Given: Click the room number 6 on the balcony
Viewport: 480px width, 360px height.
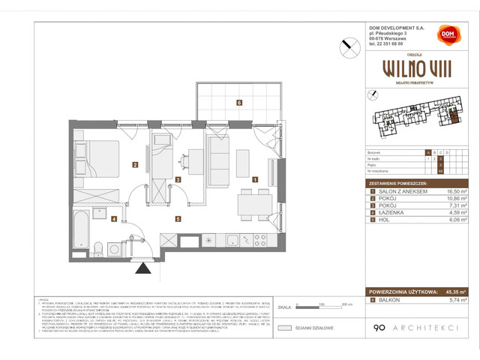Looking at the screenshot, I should point(238,103).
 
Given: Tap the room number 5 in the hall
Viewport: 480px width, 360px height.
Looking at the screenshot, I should point(178,219).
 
